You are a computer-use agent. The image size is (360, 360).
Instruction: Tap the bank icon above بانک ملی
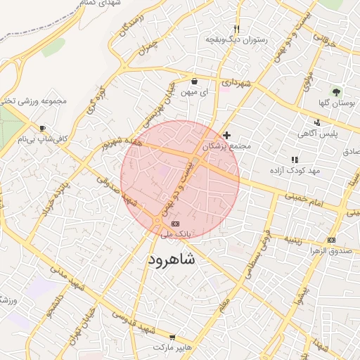[x=174, y=224]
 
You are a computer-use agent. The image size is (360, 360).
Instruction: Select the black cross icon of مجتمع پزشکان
[x=226, y=135]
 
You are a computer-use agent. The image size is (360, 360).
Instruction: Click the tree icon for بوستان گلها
[x=336, y=91]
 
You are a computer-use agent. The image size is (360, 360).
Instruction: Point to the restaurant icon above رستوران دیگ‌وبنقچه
[x=236, y=29]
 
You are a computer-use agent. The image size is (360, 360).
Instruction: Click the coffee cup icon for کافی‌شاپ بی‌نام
[x=43, y=128]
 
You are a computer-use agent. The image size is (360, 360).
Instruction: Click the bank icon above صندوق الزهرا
[x=331, y=240]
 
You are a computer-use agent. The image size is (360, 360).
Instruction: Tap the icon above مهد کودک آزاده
[x=295, y=160]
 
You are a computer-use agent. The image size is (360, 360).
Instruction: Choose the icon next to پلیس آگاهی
[x=317, y=122]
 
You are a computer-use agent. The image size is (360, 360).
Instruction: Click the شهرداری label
[x=236, y=83]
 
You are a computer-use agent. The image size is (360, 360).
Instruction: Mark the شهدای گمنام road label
[x=100, y=4]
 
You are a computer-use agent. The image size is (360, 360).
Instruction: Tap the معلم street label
[x=224, y=306]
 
